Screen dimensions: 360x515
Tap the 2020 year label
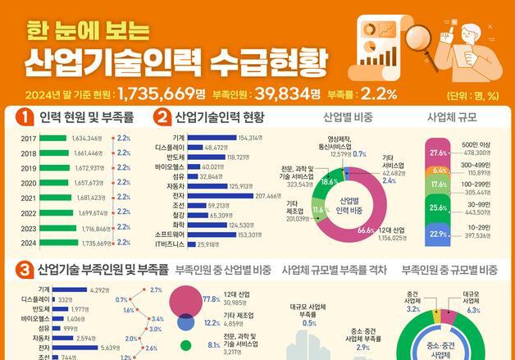[x=29, y=183]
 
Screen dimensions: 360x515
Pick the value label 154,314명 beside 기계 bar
[x=251, y=137]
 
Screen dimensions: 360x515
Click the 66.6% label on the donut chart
[x=366, y=230]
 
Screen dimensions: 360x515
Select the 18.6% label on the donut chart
[x=330, y=181]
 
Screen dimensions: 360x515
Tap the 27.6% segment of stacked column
[x=440, y=153]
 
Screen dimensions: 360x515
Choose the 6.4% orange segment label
[x=440, y=171]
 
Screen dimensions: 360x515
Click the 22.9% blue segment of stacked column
[x=440, y=235]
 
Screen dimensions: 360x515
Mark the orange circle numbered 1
[x=25, y=116]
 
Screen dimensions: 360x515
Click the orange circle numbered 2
[x=162, y=116]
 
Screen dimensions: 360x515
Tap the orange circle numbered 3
[x=25, y=269]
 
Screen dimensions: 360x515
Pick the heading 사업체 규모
[x=450, y=117]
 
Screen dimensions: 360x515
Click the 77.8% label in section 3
[x=210, y=299]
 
